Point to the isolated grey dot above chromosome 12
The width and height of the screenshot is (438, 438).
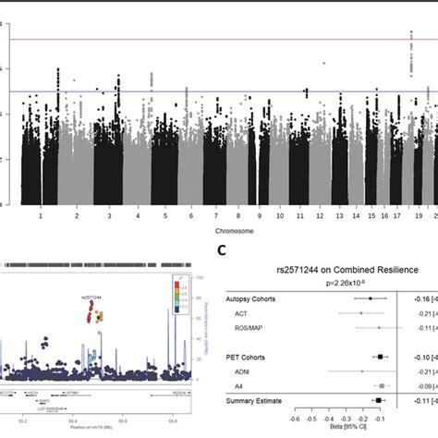pos(324,63)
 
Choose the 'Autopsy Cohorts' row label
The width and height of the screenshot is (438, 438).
pos(254,299)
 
